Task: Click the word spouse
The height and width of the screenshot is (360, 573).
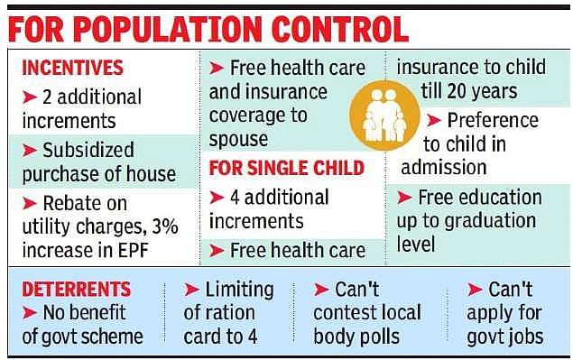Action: [x=238, y=140]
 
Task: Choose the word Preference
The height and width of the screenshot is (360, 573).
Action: [x=494, y=119]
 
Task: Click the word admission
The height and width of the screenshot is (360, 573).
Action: [x=444, y=167]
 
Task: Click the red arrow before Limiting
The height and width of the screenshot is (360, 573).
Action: [x=192, y=290]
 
